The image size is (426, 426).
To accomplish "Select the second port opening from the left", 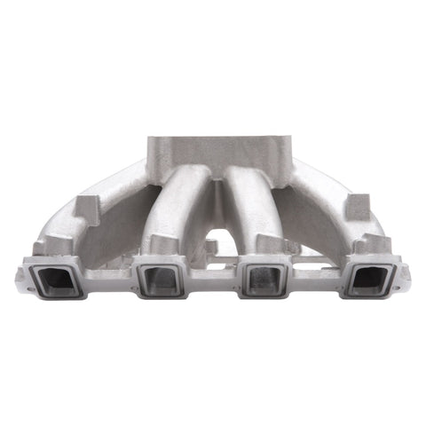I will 161,279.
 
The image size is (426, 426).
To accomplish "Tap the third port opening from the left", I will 264,279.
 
